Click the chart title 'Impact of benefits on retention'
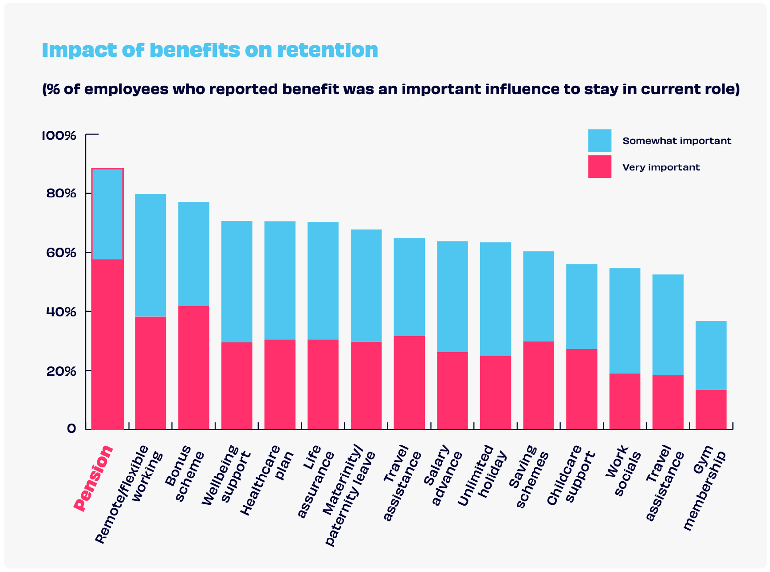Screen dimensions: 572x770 click(210, 50)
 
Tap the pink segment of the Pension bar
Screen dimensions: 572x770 click(107, 345)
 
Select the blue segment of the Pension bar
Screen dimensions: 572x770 click(107, 214)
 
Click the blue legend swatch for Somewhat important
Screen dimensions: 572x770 click(599, 141)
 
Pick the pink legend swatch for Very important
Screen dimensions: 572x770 click(599, 167)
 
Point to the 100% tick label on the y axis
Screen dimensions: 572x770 click(59, 135)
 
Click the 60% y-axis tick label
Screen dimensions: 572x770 click(61, 253)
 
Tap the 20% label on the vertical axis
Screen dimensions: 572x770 click(61, 371)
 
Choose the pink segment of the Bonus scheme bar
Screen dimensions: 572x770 click(194, 368)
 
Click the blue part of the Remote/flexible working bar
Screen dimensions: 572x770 click(150, 255)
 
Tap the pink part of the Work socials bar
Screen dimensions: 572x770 click(625, 402)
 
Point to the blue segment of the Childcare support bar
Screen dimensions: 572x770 click(582, 306)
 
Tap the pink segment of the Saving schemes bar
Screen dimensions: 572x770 click(538, 385)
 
